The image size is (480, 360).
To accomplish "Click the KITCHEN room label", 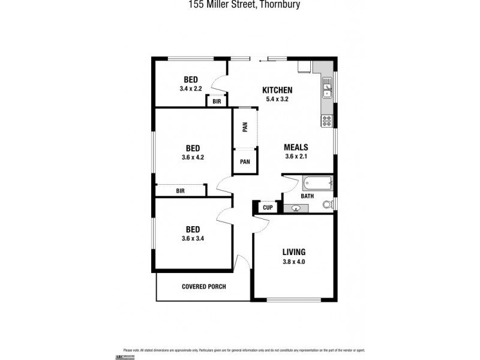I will point(277,90).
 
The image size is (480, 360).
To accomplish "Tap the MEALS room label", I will point(296,147).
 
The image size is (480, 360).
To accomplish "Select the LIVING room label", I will point(294,251).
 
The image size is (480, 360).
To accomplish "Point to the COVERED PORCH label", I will point(203,287).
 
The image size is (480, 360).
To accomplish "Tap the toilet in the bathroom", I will point(327,205).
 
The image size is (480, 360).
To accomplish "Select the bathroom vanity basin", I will point(296,209).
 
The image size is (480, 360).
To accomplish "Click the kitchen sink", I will point(328,91).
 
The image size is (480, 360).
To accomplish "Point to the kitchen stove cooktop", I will point(327,121).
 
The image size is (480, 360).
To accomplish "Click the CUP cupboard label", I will point(268,208).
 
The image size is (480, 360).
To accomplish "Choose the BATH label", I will point(290,196).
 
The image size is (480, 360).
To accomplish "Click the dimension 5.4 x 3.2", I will point(277,100).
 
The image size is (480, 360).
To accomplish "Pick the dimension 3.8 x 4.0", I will point(294,262).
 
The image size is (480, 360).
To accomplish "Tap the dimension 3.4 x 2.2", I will point(191,89).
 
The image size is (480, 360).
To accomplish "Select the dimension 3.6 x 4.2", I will point(193,158).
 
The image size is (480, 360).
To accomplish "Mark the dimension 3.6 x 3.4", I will point(193,239).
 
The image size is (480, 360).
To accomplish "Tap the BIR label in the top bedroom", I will point(217,102).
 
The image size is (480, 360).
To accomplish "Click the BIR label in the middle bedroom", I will point(180,191).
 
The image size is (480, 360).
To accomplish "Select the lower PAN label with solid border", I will point(245,161).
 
